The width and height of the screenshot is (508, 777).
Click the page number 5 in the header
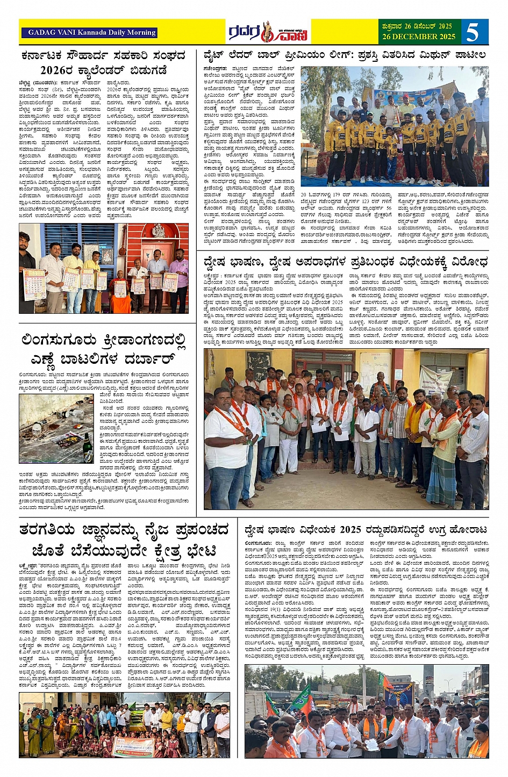click(x=472, y=32)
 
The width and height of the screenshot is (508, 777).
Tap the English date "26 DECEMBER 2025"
click(x=419, y=37)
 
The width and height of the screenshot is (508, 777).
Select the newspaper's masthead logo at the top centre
click(x=268, y=32)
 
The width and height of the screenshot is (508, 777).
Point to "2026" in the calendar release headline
click(x=57, y=70)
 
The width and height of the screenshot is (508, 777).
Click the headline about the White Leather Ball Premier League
click(x=345, y=55)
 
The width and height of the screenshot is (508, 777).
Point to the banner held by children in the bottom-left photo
click(x=132, y=746)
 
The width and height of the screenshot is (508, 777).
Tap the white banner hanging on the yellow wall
click(x=435, y=379)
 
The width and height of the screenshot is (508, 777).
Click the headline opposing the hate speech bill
click(x=346, y=262)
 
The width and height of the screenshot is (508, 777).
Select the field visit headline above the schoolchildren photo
click(x=124, y=540)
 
